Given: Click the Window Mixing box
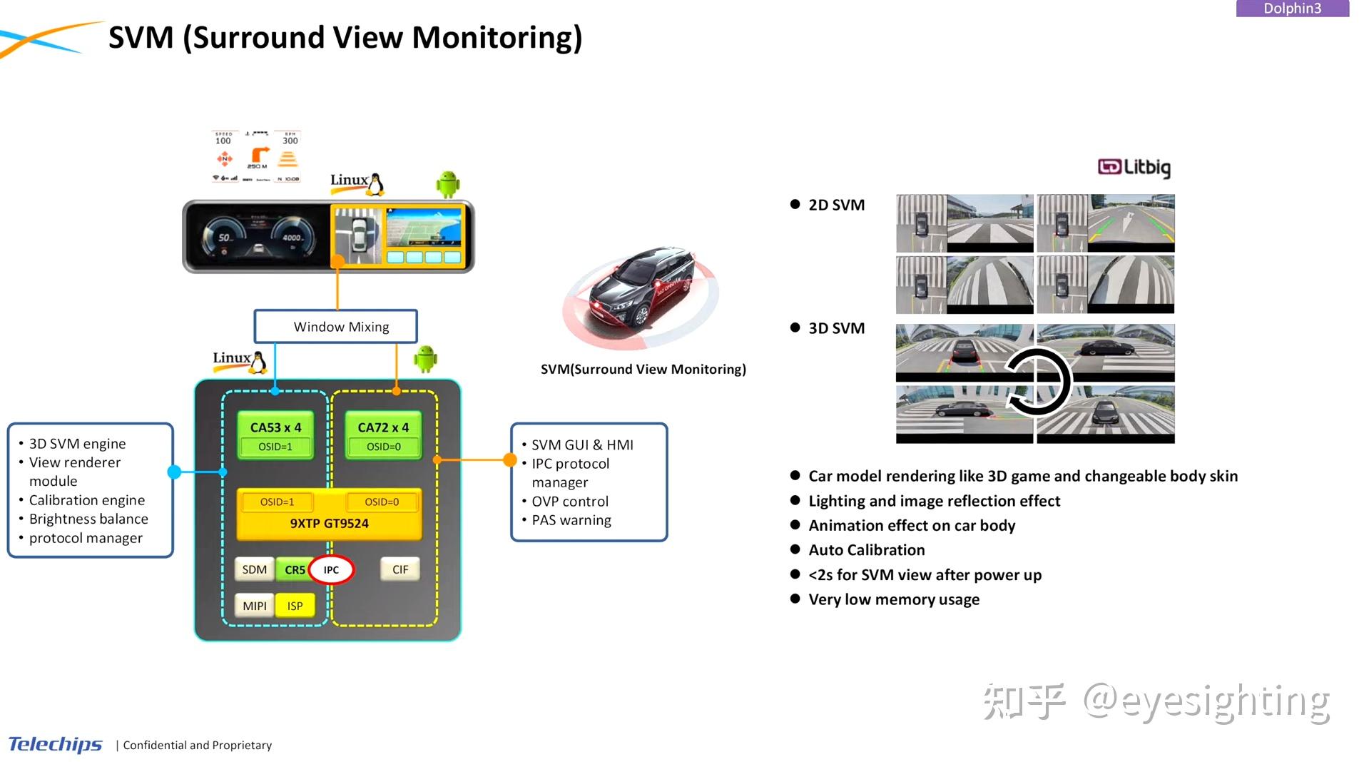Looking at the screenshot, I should tap(335, 327).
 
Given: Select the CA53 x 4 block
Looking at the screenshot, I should tap(275, 427).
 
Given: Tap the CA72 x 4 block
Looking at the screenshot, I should tap(383, 427).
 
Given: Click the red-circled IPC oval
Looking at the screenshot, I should tap(331, 569).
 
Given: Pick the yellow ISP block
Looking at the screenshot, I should tap(295, 606).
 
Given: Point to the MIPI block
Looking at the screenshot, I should tap(254, 606).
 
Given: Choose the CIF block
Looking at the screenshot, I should tap(399, 569).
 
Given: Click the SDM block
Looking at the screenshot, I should tap(254, 569).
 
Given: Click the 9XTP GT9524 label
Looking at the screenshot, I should tap(329, 523).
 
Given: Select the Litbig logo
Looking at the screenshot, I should tap(1134, 168).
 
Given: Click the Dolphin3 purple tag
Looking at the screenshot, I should tap(1292, 9).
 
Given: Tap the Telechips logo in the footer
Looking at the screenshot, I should tap(55, 744).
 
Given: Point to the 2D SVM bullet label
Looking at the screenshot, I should tap(836, 205).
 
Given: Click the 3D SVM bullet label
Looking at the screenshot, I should tap(836, 328).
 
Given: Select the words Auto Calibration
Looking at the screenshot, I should tap(866, 550).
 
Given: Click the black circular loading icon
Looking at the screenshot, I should tap(1038, 382).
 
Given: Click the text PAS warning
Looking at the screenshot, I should tap(571, 520).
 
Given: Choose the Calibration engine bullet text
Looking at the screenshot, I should tap(86, 500).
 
